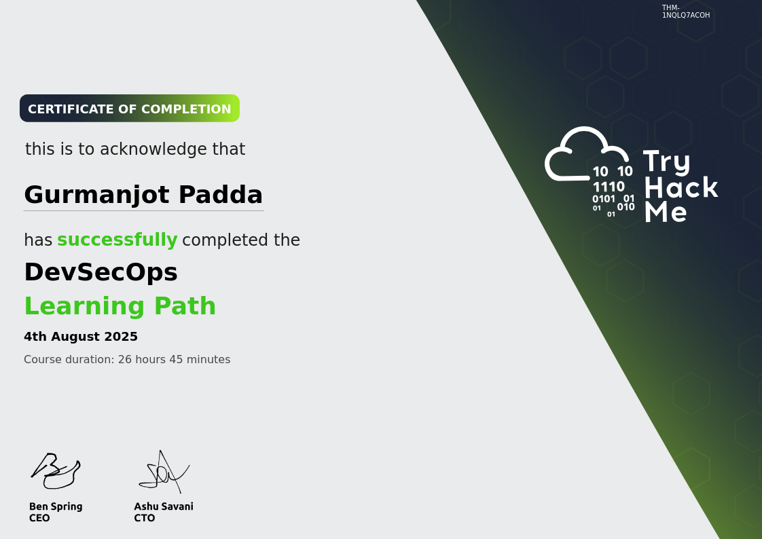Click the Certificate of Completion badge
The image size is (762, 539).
129,109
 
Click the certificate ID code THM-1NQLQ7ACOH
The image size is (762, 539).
685,12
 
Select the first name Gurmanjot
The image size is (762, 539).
97,195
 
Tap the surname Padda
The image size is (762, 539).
220,195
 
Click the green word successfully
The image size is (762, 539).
117,240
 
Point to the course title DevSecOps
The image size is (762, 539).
101,272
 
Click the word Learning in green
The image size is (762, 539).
82,306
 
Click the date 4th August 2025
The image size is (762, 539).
81,337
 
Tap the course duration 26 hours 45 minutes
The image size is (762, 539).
174,360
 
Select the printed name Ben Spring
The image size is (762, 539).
56,506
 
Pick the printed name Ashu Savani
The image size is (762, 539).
164,506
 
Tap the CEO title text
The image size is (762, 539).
39,518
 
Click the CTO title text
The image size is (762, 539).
145,518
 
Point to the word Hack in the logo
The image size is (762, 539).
681,187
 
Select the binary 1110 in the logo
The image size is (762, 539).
609,187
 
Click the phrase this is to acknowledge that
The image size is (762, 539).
135,149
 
